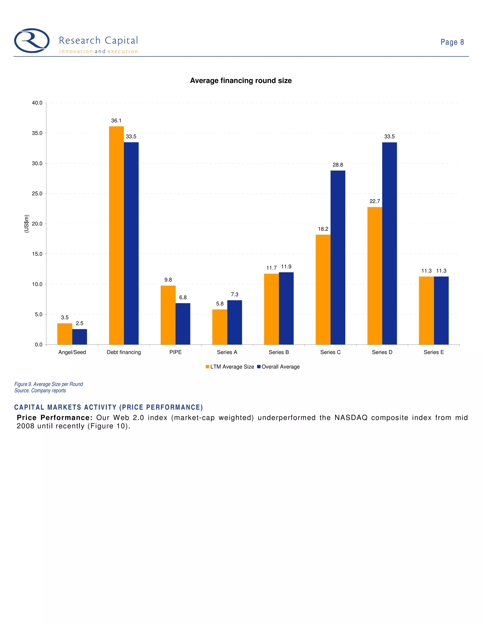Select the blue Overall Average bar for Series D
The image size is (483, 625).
click(x=389, y=243)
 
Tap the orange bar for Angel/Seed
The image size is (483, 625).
click(x=65, y=334)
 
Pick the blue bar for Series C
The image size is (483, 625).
click(x=338, y=258)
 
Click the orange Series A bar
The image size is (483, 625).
click(x=220, y=327)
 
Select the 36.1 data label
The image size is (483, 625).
click(x=116, y=121)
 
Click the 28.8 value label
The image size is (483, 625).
click(x=338, y=165)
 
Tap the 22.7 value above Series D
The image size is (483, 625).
click(x=375, y=201)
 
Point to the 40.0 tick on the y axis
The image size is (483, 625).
click(x=37, y=103)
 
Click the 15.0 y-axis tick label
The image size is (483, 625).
click(x=37, y=254)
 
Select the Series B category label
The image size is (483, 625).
click(x=279, y=352)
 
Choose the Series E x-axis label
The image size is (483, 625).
click(x=434, y=352)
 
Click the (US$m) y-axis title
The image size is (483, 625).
click(x=27, y=224)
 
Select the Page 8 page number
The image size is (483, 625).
click(x=452, y=42)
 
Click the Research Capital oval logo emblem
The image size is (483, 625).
click(x=32, y=41)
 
